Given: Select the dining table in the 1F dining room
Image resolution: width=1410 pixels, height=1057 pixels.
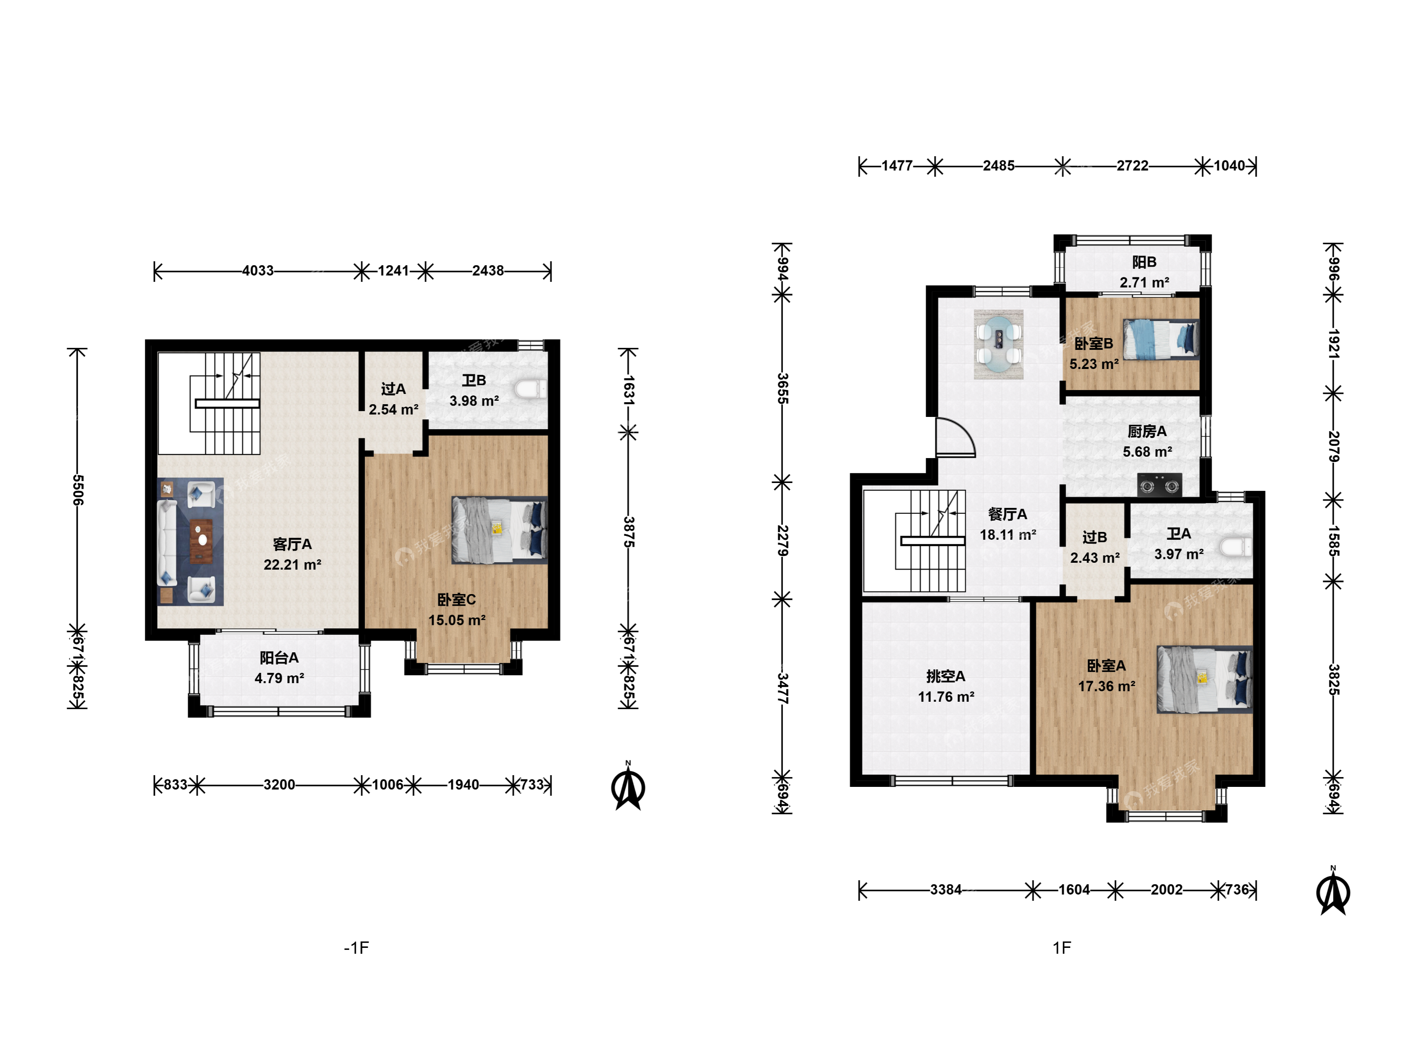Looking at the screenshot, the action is point(998,345).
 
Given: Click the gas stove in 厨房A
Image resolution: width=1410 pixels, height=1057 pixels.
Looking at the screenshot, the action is point(1159,485).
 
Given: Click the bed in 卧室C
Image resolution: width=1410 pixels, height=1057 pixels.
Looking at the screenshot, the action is point(499,530).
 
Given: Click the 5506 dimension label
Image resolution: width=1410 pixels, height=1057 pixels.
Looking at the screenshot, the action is point(78,489).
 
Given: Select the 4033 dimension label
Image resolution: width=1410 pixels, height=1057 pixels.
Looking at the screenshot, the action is point(258,271).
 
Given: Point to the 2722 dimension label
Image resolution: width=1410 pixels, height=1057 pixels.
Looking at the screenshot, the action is point(1132,166).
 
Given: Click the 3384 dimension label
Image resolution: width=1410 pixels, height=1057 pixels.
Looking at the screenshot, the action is point(945,890).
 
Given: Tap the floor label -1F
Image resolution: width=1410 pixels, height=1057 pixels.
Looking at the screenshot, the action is point(356,948).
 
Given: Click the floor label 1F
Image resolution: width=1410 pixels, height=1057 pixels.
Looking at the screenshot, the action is point(1061,948).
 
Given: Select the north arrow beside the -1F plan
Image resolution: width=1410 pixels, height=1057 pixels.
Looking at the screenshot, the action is point(629,787).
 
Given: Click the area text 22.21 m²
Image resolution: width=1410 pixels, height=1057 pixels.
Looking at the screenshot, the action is point(293,565).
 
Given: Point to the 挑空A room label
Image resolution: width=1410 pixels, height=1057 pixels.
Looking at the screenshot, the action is point(946,676).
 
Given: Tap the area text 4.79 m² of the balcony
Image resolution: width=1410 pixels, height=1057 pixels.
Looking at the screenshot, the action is point(279,678).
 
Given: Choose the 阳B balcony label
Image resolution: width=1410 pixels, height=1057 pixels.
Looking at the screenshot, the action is point(1144,262).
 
